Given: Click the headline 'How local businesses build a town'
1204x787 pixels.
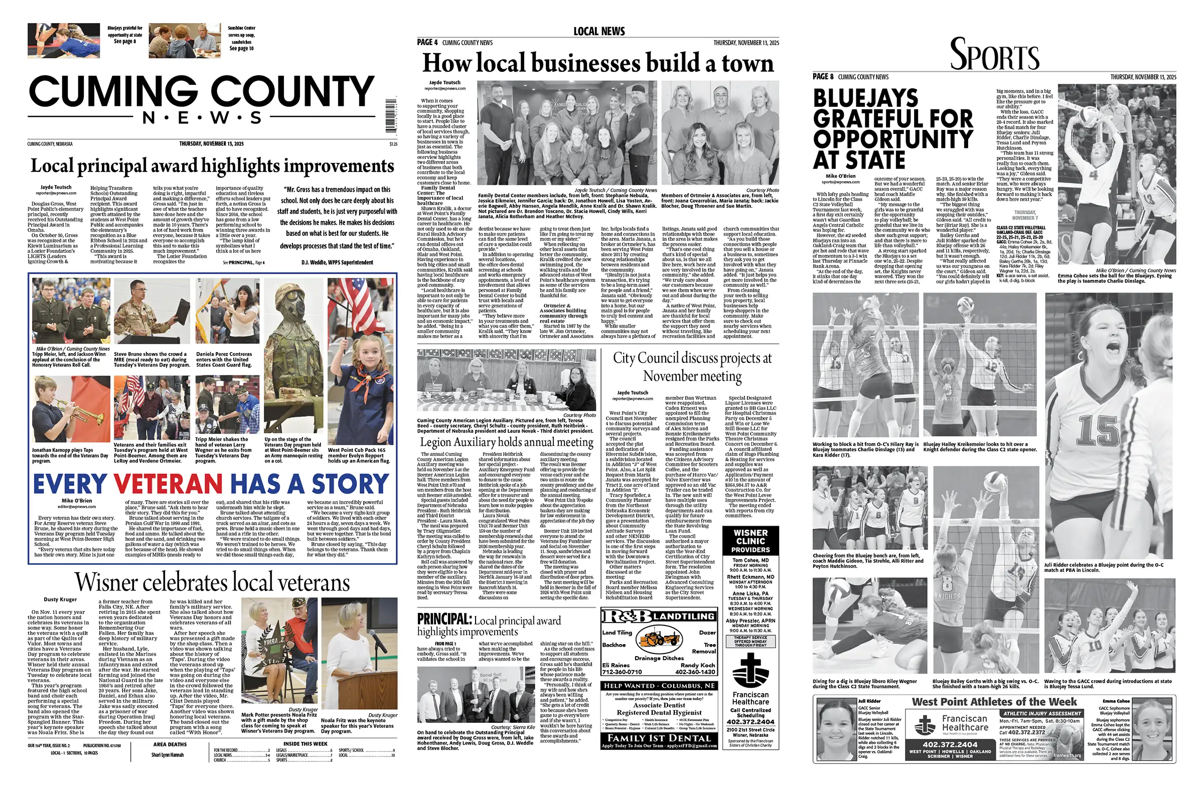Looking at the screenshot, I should (598, 64).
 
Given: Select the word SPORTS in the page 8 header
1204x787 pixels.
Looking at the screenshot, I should (994, 55).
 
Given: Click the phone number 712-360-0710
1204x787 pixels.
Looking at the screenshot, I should (622, 672).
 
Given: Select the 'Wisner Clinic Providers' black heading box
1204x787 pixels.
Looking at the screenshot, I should (750, 541).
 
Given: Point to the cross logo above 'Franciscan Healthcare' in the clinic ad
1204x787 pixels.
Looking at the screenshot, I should (750, 669).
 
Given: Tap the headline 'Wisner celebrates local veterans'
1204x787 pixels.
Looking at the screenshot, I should (213, 583).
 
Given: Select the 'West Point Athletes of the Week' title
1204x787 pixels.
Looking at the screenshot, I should (994, 702).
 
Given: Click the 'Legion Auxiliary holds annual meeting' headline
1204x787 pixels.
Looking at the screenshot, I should (506, 442).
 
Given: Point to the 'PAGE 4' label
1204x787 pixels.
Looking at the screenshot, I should (427, 43).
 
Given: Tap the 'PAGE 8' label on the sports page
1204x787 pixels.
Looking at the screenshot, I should (823, 77).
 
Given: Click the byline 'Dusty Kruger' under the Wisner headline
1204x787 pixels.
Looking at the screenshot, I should (60, 599).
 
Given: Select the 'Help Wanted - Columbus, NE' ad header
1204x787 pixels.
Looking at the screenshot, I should (659, 686).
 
